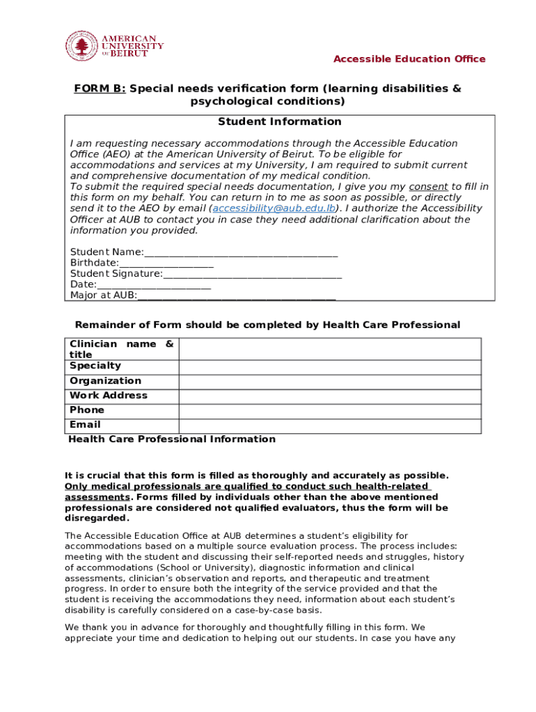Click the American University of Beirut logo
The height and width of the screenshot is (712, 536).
(x=114, y=46)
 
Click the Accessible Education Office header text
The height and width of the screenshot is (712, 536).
(x=409, y=59)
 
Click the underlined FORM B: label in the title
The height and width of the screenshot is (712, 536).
(x=100, y=89)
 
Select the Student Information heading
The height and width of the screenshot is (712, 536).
(x=280, y=122)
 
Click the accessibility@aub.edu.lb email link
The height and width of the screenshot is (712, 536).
(x=274, y=209)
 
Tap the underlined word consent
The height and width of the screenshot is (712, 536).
(x=428, y=187)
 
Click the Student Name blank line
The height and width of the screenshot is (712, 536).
(x=241, y=252)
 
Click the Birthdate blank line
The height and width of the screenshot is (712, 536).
(x=166, y=264)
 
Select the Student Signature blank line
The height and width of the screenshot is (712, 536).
(x=252, y=274)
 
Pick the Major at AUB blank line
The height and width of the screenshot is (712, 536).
(x=237, y=296)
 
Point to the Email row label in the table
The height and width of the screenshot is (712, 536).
(x=85, y=425)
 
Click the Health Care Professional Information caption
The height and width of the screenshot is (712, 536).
(x=171, y=439)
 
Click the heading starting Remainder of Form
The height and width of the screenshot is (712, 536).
(x=267, y=325)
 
